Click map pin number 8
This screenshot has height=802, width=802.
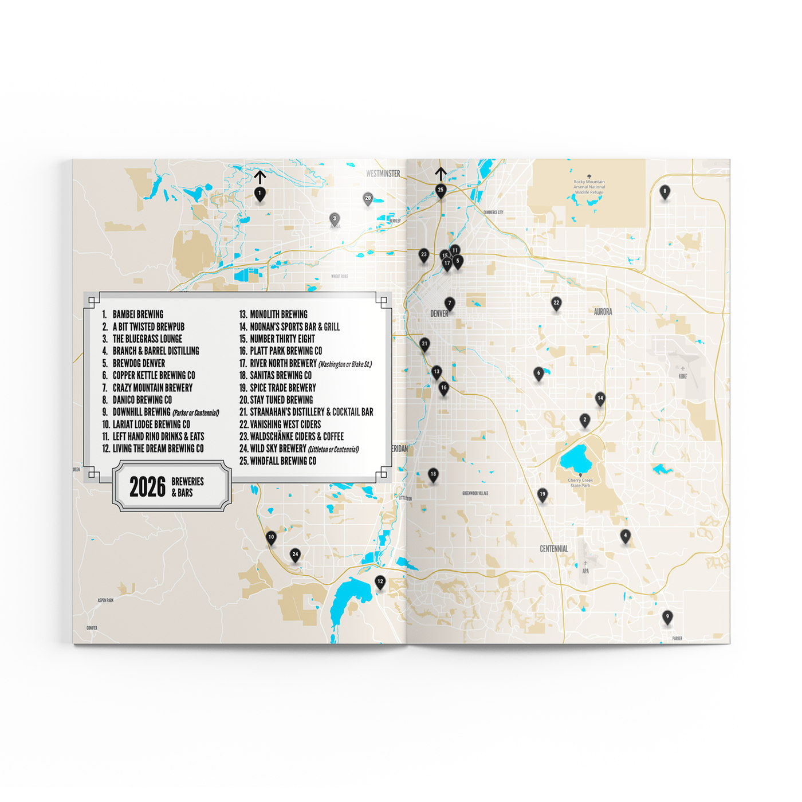point(665,192)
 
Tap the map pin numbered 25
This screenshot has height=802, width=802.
point(441,190)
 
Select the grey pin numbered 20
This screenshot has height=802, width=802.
point(368,199)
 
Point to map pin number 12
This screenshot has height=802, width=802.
point(380,582)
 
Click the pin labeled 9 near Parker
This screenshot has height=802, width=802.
point(667,617)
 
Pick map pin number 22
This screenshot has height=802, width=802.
point(556,303)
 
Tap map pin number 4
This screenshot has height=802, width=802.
point(626,536)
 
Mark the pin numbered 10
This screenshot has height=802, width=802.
point(271,538)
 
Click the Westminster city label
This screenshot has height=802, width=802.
point(383,174)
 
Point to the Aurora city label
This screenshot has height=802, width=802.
point(603,312)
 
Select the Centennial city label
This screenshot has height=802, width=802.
point(554,549)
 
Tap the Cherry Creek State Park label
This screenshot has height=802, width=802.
point(580,483)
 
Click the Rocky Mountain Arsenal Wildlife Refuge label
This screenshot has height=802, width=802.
point(589,187)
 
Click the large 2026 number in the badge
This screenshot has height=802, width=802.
point(147,488)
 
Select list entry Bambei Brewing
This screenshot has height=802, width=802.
point(137,314)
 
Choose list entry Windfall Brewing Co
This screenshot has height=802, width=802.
point(283,461)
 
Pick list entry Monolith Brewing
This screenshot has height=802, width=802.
point(278,314)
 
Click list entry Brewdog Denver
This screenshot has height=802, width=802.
point(139,364)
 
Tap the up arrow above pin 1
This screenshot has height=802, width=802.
point(260,176)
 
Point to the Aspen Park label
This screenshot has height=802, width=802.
point(105,600)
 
